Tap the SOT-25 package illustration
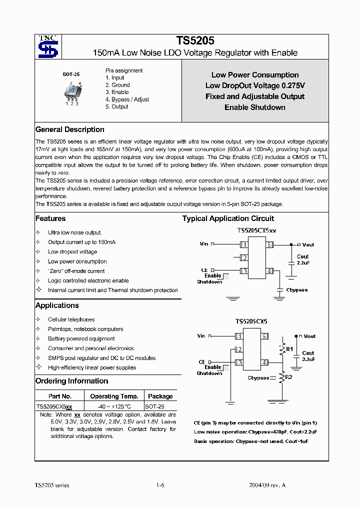(x=71, y=91)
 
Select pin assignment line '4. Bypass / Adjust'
(x=127, y=99)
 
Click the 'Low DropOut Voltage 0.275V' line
(x=255, y=85)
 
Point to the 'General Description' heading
(x=70, y=129)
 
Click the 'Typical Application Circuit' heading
(x=228, y=218)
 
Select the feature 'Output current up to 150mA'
(x=81, y=242)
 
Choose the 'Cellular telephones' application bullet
(x=71, y=319)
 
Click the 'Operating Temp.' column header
(x=114, y=396)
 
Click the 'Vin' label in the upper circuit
(x=204, y=244)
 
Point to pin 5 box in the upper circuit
(x=269, y=244)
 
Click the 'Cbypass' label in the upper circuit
(x=297, y=290)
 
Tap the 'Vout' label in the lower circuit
(x=310, y=336)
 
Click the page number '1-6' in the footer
(x=160, y=485)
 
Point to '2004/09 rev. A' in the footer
(x=267, y=485)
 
